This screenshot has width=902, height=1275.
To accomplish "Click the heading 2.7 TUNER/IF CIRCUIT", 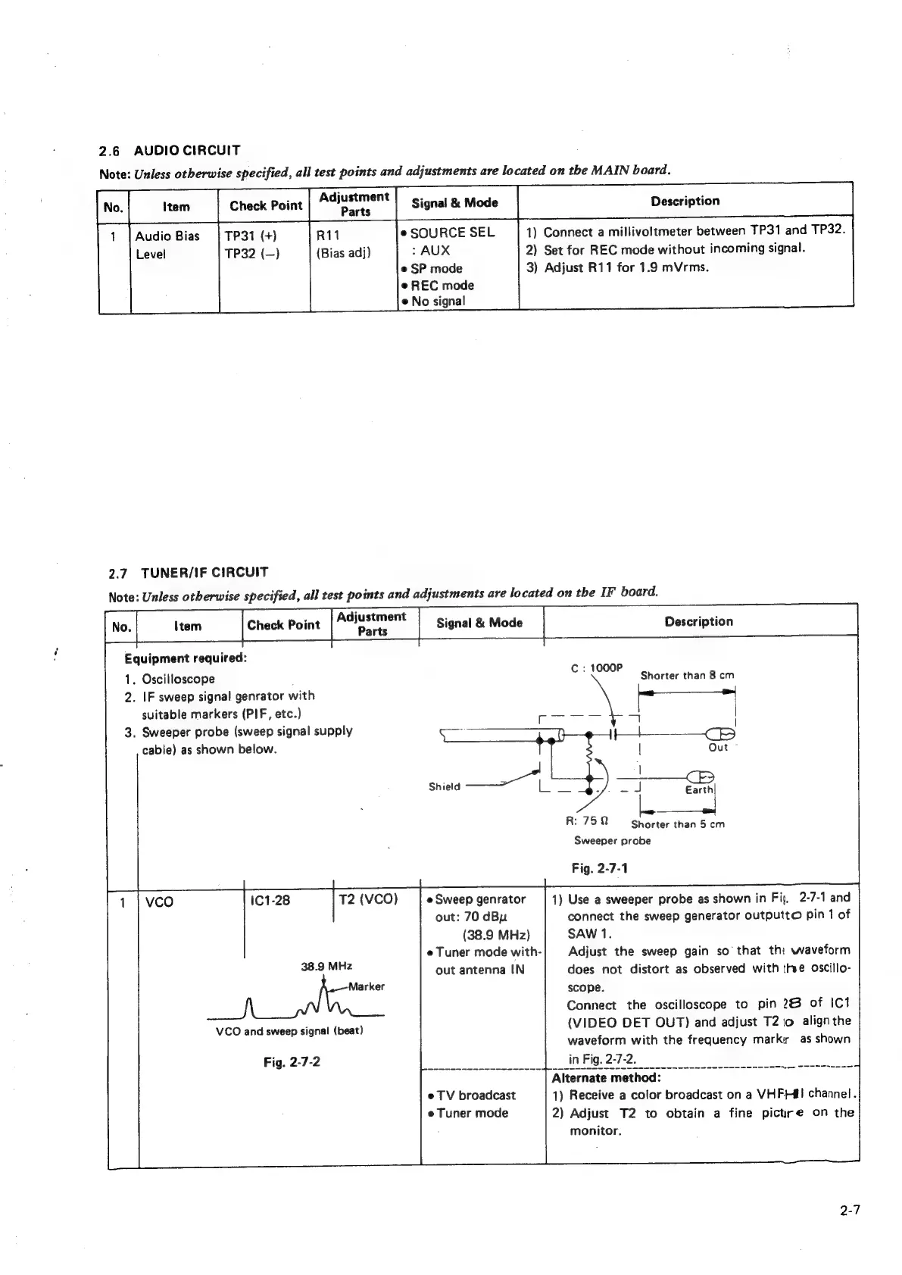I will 189,572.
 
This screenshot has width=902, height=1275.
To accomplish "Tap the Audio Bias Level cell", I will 167,244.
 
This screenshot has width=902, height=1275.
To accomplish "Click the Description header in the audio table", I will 685,201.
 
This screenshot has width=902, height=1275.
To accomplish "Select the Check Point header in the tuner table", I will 283,625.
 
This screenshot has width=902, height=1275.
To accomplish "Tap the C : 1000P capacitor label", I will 597,668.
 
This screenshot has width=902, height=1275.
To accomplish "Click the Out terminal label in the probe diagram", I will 717,747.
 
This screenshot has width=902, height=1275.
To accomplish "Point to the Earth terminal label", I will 699,789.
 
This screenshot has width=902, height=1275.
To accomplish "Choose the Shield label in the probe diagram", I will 445,786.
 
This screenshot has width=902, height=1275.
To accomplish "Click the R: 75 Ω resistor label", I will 582,820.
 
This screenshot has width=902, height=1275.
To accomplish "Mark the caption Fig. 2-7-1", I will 599,868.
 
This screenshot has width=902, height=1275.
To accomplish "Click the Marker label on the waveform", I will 367,986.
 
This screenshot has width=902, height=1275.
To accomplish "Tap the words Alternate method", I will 607,1077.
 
